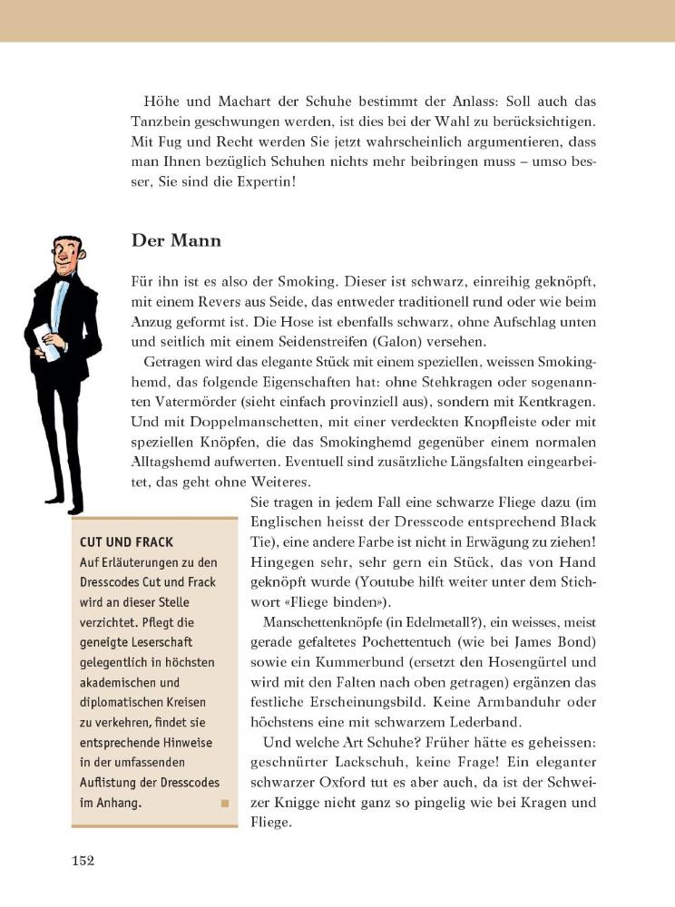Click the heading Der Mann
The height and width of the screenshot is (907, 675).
[177, 241]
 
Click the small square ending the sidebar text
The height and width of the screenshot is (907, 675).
[224, 802]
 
